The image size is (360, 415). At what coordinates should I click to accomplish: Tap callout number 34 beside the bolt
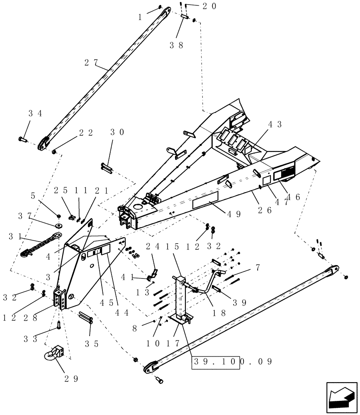coord(36,113)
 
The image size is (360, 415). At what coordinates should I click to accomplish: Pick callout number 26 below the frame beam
coord(265,210)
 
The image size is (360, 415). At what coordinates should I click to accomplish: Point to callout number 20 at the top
coord(210,6)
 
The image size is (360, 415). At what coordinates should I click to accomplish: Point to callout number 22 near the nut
coord(86,133)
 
